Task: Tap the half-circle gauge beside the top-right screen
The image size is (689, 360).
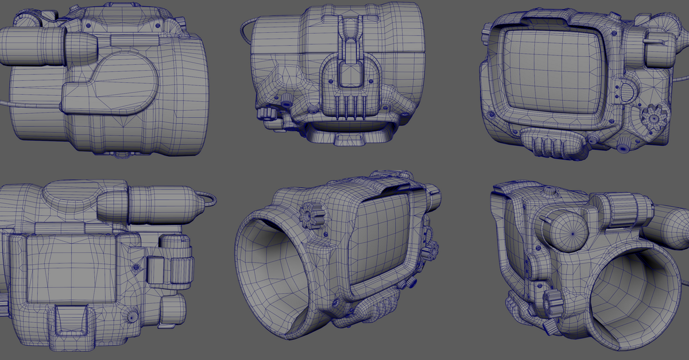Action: coord(626,91)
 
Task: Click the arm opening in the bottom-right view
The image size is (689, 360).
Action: coord(637,293)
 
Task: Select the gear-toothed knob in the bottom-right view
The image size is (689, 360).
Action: coord(552,299)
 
